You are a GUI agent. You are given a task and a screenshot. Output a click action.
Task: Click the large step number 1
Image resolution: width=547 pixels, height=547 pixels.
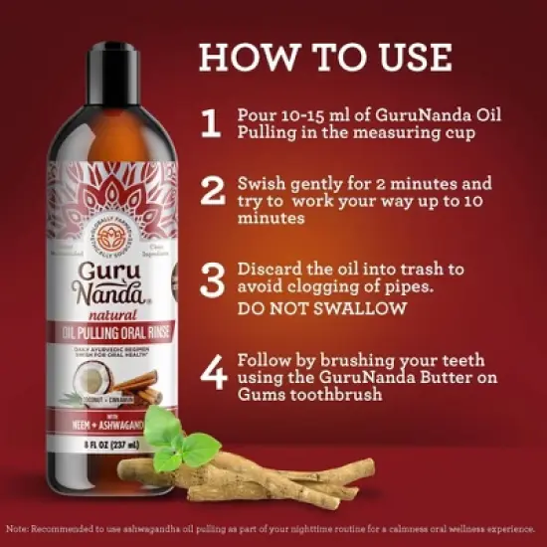210,124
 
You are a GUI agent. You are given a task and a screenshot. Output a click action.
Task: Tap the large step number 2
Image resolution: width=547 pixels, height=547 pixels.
212,191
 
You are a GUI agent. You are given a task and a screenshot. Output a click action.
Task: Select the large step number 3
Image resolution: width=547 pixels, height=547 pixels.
212,278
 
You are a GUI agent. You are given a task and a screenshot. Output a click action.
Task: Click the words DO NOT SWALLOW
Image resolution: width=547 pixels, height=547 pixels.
322,307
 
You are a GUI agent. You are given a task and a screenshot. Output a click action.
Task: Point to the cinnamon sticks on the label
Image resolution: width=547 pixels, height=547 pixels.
146,386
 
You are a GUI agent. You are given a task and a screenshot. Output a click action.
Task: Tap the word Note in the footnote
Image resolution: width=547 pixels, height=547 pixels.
18,528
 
